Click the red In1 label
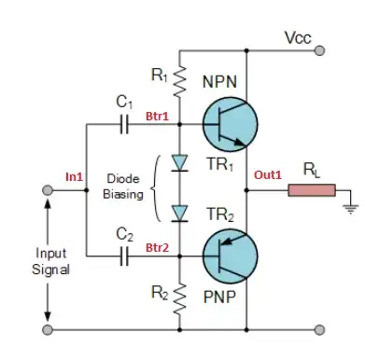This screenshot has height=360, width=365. pos(75,175)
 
